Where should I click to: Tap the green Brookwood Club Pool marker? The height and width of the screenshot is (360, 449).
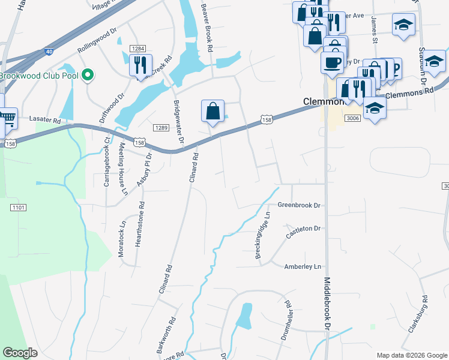pyautogui.click(x=88, y=75)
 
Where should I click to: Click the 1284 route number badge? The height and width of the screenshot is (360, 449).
pyautogui.click(x=138, y=49)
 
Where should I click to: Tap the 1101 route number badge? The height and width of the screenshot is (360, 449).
pyautogui.click(x=18, y=208)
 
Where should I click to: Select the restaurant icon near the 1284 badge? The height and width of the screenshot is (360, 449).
pyautogui.click(x=140, y=64)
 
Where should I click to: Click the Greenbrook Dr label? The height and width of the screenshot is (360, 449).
pyautogui.click(x=299, y=205)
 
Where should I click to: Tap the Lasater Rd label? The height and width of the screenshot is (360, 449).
pyautogui.click(x=45, y=121)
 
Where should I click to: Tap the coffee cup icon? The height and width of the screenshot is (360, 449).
pyautogui.click(x=332, y=61)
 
